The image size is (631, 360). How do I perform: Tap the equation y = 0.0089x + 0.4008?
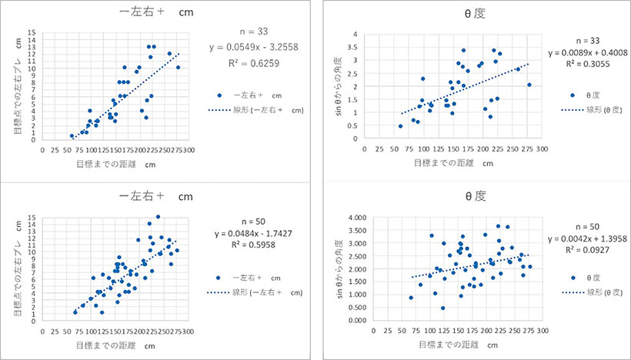(577, 52)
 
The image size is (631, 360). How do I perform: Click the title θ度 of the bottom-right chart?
(470, 195)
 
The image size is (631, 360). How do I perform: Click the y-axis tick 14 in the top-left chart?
(32, 33)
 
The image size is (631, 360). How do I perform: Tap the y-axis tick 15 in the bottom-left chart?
(32, 218)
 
